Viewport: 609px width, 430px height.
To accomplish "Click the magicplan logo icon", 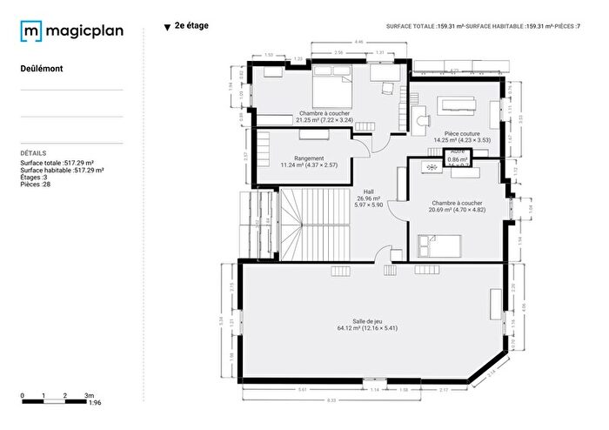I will (x=31, y=32).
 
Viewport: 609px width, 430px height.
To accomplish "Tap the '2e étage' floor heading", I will (x=191, y=26).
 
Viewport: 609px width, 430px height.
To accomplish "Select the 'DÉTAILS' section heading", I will (x=34, y=152).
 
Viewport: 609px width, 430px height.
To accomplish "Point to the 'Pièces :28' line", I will (x=37, y=184).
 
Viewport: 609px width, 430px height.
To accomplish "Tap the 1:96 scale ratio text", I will (x=96, y=403).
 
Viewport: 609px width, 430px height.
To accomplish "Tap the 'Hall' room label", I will (x=369, y=191).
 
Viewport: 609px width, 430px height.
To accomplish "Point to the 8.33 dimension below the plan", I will (x=331, y=400).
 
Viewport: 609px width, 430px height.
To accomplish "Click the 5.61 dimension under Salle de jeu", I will (x=302, y=389).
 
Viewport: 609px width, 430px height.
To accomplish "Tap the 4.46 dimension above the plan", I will (x=359, y=42).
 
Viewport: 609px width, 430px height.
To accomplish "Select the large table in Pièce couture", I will (x=458, y=104).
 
